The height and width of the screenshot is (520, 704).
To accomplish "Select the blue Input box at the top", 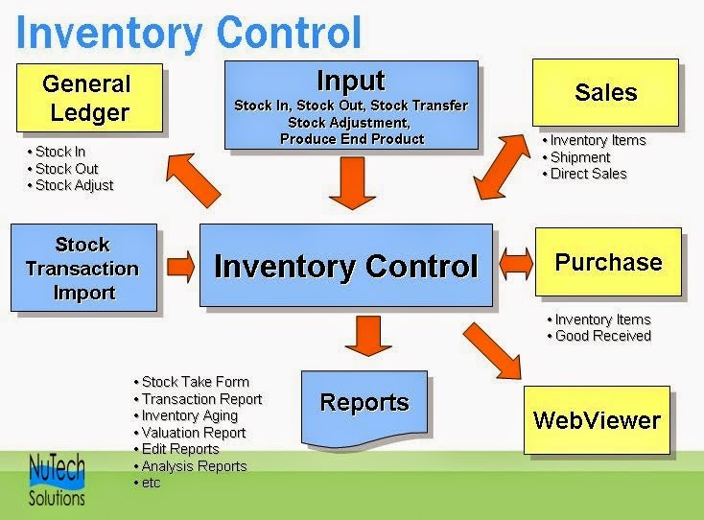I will (351, 105).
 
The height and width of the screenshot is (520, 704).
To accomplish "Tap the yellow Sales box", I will (605, 92).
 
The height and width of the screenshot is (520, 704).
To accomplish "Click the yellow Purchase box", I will (608, 262).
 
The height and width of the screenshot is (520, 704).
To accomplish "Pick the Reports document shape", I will (364, 403).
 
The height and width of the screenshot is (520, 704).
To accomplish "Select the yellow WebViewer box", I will (597, 419).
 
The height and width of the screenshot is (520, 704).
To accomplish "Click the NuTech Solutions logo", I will (57, 480).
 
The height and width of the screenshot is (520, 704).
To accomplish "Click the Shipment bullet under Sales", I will (579, 157).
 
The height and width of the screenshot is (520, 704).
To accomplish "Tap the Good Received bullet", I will (602, 336).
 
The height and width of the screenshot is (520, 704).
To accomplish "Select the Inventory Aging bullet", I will (189, 415).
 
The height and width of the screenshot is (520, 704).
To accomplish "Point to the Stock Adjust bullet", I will (73, 185).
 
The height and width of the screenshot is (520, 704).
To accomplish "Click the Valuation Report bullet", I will (193, 433).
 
